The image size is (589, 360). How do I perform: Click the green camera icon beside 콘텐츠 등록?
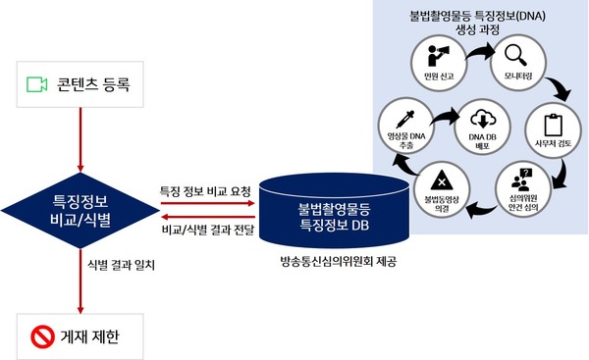[x=36, y=85]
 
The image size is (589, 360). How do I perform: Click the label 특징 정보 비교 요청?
[x=205, y=188]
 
